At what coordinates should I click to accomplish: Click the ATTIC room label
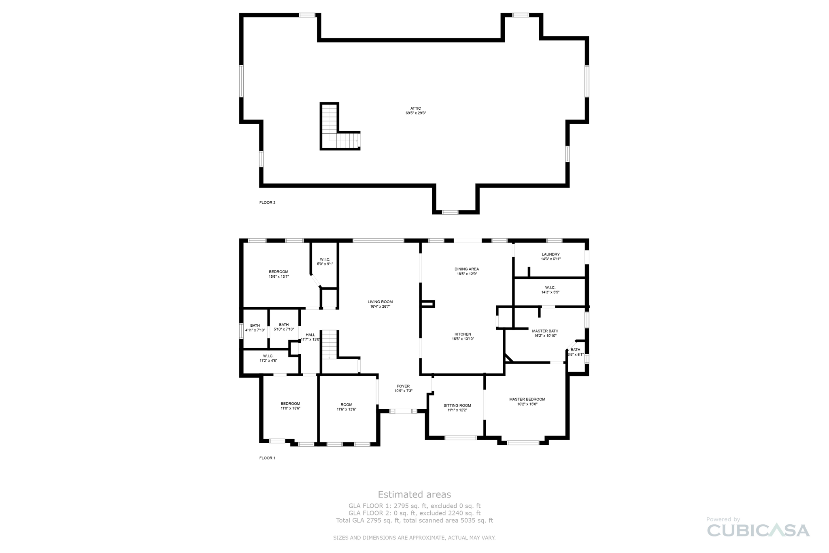pyautogui.click(x=416, y=108)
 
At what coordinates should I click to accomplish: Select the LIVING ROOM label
pyautogui.click(x=380, y=302)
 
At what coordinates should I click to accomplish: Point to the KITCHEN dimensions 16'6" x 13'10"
pyautogui.click(x=463, y=339)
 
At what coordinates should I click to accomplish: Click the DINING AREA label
pyautogui.click(x=467, y=269)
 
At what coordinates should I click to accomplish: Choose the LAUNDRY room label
pyautogui.click(x=551, y=254)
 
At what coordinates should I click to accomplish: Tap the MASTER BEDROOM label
pyautogui.click(x=527, y=399)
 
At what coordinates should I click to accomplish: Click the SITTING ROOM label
pyautogui.click(x=457, y=405)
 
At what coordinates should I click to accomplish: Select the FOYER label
pyautogui.click(x=403, y=386)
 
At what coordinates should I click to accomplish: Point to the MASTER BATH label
pyautogui.click(x=545, y=331)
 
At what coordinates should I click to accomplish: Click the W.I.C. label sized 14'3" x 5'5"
pyautogui.click(x=550, y=287)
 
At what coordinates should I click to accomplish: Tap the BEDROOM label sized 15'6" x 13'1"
pyautogui.click(x=278, y=272)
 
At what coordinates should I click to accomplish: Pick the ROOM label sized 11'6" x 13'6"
pyautogui.click(x=346, y=404)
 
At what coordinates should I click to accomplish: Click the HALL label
pyautogui.click(x=310, y=335)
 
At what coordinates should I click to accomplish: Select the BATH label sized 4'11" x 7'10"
pyautogui.click(x=255, y=325)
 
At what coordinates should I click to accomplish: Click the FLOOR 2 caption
pyautogui.click(x=267, y=202)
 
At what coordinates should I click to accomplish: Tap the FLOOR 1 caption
pyautogui.click(x=267, y=458)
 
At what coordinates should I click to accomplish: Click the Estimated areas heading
pyautogui.click(x=414, y=494)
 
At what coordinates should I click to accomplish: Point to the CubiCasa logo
pyautogui.click(x=758, y=530)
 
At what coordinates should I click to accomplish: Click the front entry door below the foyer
pyautogui.click(x=403, y=411)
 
